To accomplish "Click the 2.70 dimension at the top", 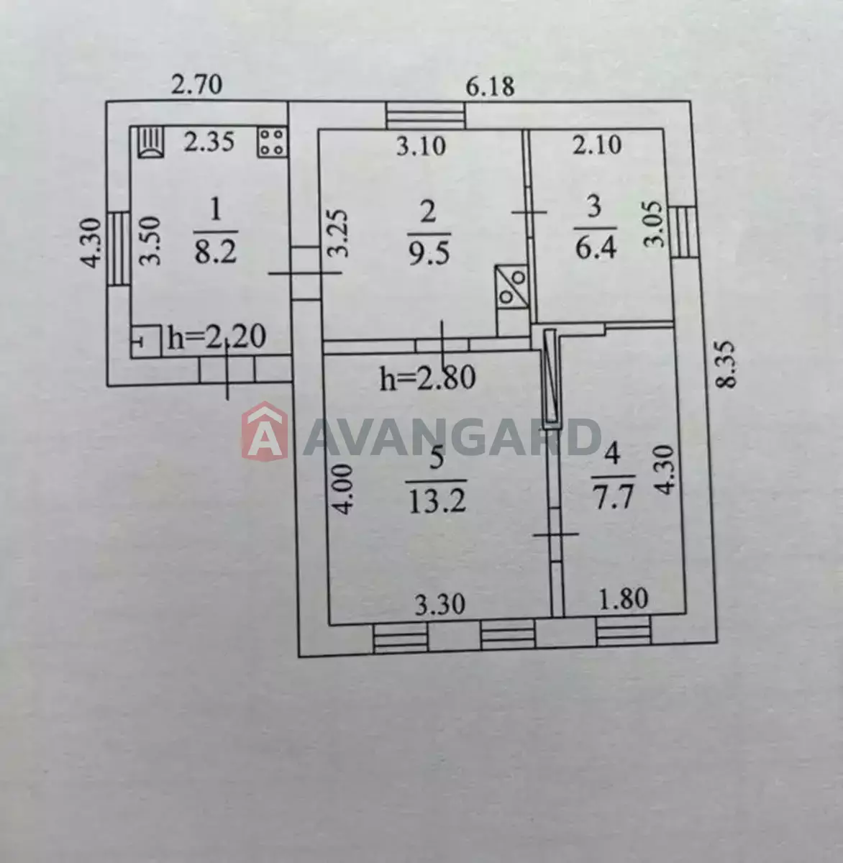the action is [196, 85].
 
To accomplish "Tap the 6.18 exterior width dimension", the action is [490, 86].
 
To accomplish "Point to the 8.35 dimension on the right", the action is [726, 365].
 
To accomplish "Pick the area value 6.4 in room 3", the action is [596, 248].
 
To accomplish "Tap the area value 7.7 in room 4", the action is [614, 497].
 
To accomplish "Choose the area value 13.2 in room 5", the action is [437, 501].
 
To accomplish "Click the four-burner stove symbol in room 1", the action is [272, 142].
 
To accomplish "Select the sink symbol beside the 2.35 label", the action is [151, 142].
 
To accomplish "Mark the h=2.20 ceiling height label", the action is [217, 337].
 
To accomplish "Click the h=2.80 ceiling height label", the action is [427, 378].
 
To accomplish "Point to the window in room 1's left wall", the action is [119, 249].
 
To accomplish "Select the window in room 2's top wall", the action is [425, 115].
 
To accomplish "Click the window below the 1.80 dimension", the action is [624, 630].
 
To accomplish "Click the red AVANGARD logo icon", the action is [265, 431].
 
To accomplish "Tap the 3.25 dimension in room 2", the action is [338, 233].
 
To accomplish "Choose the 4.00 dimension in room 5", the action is [344, 490].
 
